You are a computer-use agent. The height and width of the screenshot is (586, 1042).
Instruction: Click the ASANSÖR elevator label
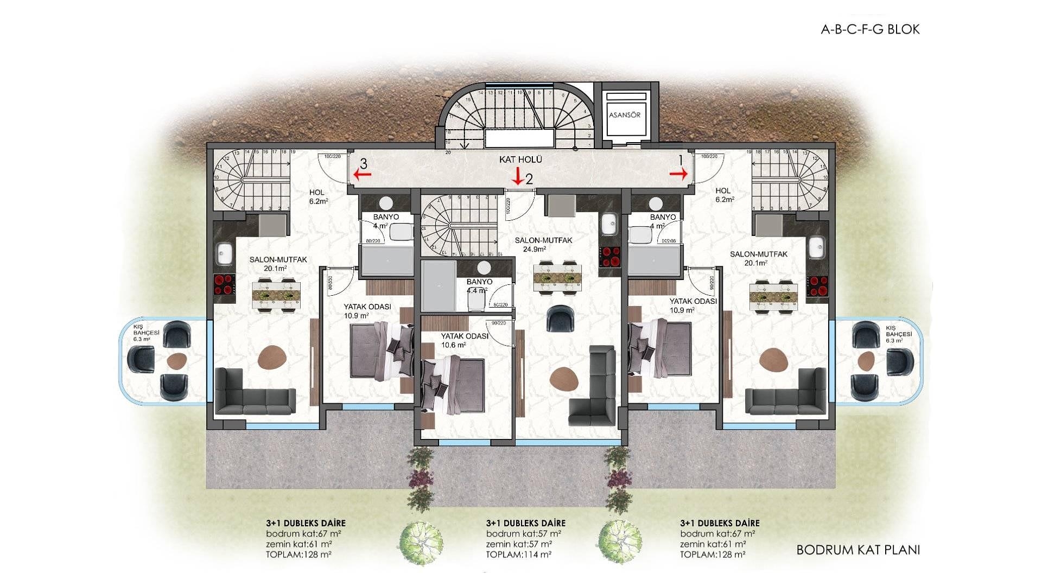pos(625,115)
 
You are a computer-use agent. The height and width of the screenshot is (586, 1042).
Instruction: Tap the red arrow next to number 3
pos(362,174)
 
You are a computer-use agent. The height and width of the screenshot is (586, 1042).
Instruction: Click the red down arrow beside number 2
pos(517,176)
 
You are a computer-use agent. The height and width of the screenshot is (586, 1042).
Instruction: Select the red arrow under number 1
pos(678,174)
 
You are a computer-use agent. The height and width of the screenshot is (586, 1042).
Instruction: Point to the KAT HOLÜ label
pos(520,160)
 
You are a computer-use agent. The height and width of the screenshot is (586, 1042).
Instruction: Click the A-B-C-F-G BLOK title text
pos(870,29)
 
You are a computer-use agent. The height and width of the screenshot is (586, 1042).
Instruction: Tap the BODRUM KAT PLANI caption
pos(857,550)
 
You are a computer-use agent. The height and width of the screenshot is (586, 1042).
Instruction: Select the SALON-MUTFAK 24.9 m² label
pos(536,245)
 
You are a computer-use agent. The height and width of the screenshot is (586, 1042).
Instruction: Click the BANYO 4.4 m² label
pos(479,286)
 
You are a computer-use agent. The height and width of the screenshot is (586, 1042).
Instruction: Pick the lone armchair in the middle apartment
pos(559,319)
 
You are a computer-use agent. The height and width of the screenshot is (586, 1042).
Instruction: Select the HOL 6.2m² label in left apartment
pos(317,196)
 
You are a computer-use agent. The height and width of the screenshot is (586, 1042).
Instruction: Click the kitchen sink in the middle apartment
pos(609,224)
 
